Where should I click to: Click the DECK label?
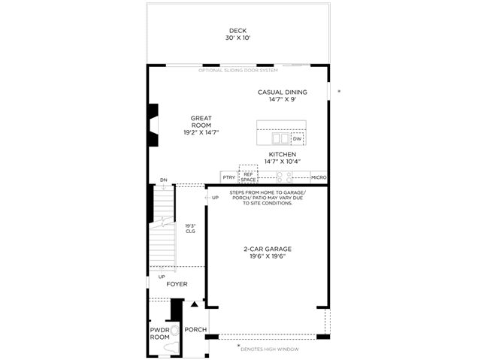(x=237, y=31)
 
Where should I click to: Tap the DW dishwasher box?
(x=297, y=139)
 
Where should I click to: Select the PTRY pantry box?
(x=229, y=177)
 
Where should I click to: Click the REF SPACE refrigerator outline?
(x=248, y=174)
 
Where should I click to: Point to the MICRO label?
(x=319, y=177)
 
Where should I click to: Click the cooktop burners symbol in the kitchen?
(x=284, y=177)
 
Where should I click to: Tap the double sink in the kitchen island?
(x=280, y=138)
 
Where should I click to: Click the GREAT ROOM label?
(x=201, y=122)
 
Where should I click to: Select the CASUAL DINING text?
(x=283, y=92)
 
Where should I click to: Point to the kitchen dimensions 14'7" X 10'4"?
(x=283, y=162)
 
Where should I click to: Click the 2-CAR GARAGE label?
(x=268, y=249)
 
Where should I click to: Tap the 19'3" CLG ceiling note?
(x=190, y=228)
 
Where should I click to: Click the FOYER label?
(x=177, y=284)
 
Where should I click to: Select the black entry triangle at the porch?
(x=194, y=304)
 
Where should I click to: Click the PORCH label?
(x=195, y=330)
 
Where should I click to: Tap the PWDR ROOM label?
(x=159, y=334)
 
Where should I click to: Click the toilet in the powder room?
(x=172, y=338)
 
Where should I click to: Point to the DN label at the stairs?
(x=164, y=180)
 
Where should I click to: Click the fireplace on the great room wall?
(x=153, y=125)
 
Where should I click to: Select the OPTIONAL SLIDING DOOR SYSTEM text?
(x=238, y=70)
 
